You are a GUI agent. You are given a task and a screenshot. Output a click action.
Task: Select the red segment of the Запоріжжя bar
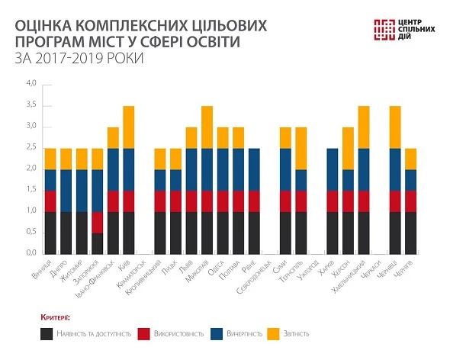coord(97,222)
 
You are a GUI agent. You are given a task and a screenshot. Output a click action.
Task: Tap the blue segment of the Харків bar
coord(332,169)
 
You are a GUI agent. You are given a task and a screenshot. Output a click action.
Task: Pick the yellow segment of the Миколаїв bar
coord(207,127)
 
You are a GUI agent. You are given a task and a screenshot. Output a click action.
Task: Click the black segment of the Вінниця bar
coord(50,232)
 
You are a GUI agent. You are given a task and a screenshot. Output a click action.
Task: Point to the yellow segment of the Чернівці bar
coord(394,127)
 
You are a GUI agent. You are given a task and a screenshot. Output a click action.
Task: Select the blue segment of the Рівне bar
coord(254,169)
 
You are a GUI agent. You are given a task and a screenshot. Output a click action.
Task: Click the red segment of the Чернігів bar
coord(410,201)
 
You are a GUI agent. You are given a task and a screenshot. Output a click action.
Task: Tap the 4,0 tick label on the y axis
coord(31,83)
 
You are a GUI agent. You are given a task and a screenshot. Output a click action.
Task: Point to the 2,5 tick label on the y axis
coord(31,146)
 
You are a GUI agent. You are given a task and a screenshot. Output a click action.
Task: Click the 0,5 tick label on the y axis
coord(31,231)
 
